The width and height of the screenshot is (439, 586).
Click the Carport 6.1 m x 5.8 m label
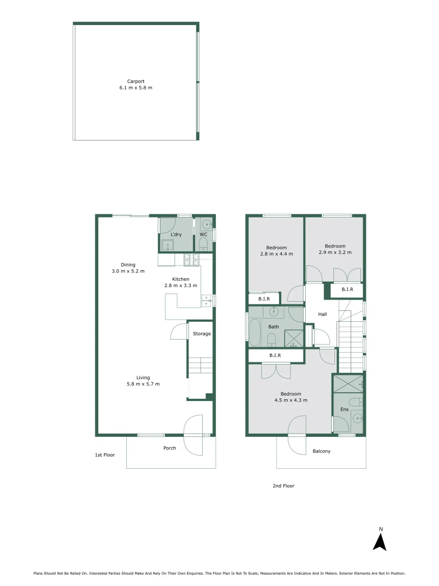[135, 85]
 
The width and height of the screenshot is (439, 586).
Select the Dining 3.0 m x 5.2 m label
[128, 268]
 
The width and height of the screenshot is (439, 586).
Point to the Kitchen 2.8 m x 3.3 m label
[180, 282]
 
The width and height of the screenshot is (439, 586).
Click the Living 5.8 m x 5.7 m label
[143, 381]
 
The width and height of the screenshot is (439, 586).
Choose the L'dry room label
[176, 234]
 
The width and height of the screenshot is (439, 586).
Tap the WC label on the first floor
[203, 234]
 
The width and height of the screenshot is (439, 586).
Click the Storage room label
[202, 334]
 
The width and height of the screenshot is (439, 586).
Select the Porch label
[170, 448]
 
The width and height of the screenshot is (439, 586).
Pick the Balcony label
[321, 451]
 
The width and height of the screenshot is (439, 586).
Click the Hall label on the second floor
[322, 314]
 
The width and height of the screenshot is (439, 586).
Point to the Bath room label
[274, 327]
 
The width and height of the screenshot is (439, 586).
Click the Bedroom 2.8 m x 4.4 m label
[276, 251]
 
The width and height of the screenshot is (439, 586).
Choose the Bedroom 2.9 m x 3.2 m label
[332, 250]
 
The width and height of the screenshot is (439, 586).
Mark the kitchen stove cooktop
[191, 260]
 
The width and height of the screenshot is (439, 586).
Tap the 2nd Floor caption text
[283, 486]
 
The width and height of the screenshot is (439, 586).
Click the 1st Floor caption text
[105, 455]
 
